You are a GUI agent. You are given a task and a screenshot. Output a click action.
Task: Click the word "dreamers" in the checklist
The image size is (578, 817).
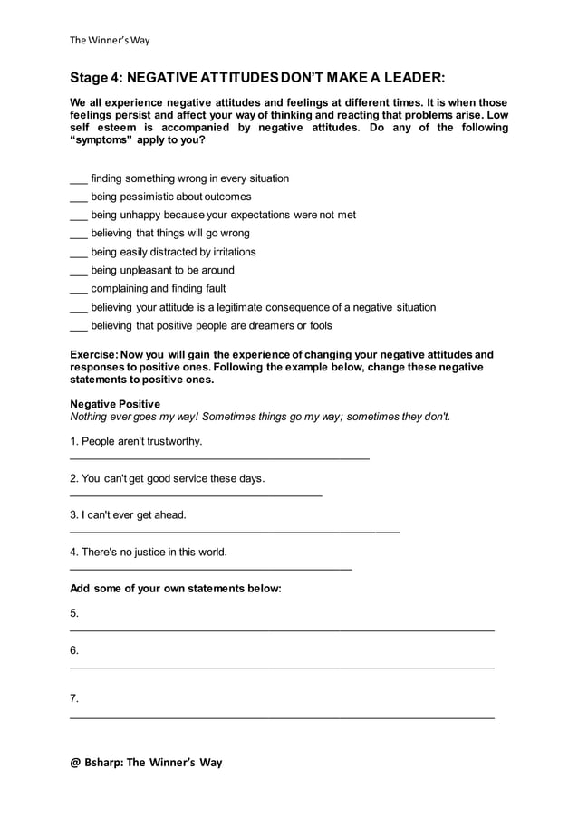pos(253,325)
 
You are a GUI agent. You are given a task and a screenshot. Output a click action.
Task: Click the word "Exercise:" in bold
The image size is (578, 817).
pos(95,354)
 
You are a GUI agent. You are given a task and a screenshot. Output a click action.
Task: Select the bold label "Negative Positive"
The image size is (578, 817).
pos(115,403)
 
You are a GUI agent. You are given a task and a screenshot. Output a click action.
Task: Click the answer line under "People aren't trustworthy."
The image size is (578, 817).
pos(219,459)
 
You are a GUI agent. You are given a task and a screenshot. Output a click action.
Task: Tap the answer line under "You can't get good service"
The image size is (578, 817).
pos(196,495)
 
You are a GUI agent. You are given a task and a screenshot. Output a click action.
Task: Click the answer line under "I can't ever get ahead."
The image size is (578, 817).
pos(234,533)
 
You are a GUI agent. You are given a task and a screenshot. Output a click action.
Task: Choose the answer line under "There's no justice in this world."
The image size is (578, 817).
pos(210,569)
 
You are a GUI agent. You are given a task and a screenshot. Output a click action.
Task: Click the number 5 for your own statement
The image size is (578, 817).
pos(74,614)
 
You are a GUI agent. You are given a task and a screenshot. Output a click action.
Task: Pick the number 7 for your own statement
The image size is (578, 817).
pos(74,698)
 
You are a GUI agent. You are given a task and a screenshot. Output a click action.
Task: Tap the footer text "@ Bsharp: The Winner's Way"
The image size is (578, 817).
pos(146,762)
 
